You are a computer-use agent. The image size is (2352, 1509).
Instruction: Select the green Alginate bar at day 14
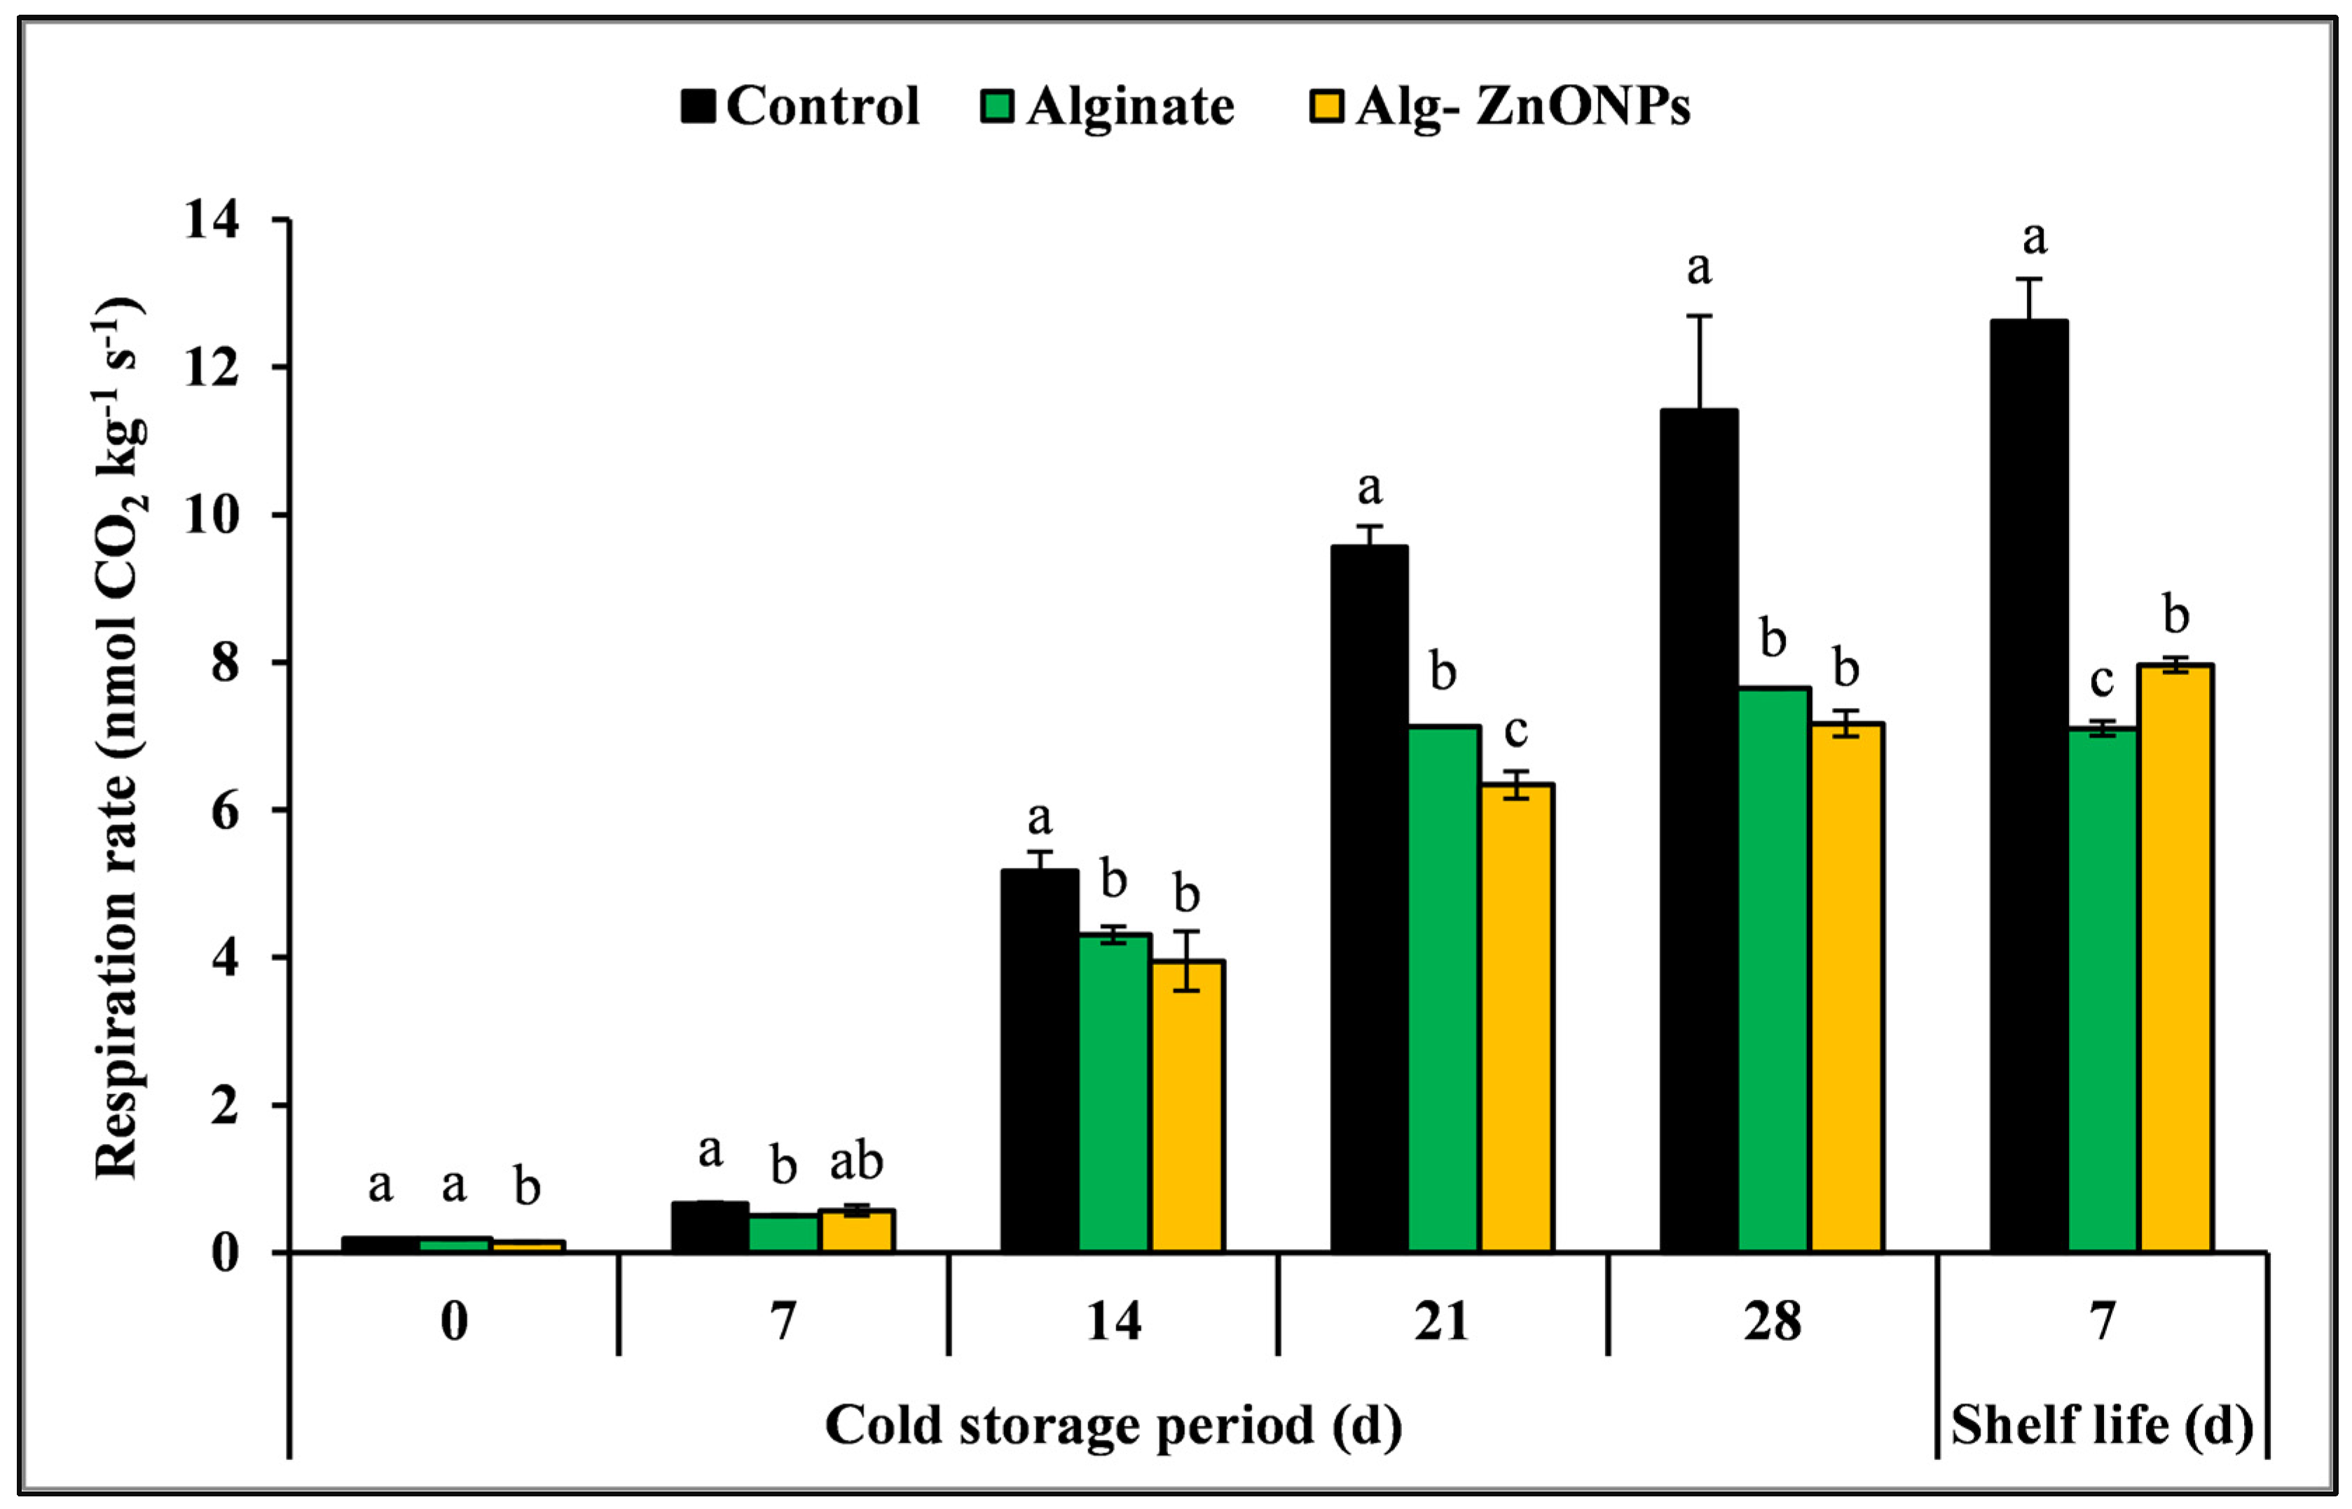pos(1114,1093)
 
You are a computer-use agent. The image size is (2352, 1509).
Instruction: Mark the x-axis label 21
pos(1441,1322)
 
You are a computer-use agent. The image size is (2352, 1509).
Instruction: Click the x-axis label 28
pos(1771,1322)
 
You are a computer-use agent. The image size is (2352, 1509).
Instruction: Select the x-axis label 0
pos(453,1322)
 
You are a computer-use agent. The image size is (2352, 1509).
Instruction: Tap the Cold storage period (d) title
pos(1113,1426)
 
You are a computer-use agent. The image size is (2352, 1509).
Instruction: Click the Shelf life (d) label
pos(2102,1426)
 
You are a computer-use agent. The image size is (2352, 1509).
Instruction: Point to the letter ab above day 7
pos(856,1162)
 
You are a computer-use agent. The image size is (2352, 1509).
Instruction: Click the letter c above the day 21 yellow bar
pos(1515,731)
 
